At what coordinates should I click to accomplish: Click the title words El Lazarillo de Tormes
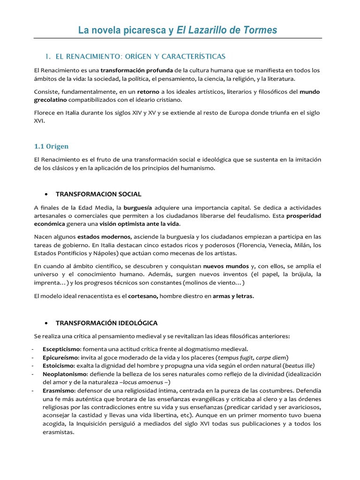pyautogui.click(x=227, y=30)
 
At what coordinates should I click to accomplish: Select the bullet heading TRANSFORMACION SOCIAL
pyautogui.click(x=98, y=194)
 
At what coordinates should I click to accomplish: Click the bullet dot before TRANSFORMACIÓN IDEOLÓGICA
pyautogui.click(x=46, y=323)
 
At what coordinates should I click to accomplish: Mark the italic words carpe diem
pyautogui.click(x=271, y=357)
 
